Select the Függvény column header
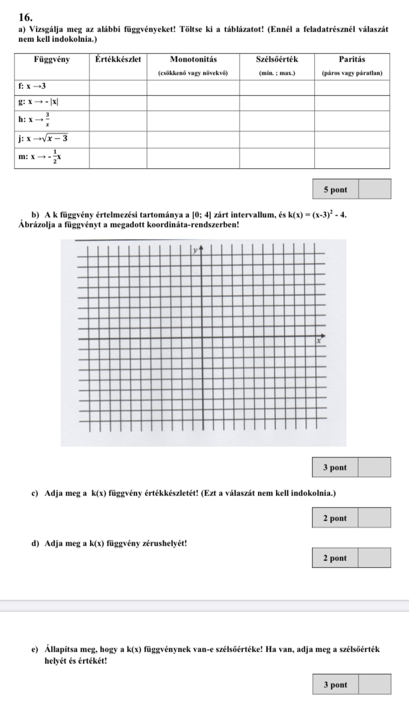click(52, 59)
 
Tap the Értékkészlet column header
click(117, 59)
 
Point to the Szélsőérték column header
click(277, 59)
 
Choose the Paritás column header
click(352, 59)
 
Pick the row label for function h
click(35, 117)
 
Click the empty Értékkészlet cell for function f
click(118, 87)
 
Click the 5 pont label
click(335, 189)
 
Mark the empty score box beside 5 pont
click(375, 189)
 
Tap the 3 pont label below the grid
click(335, 468)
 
